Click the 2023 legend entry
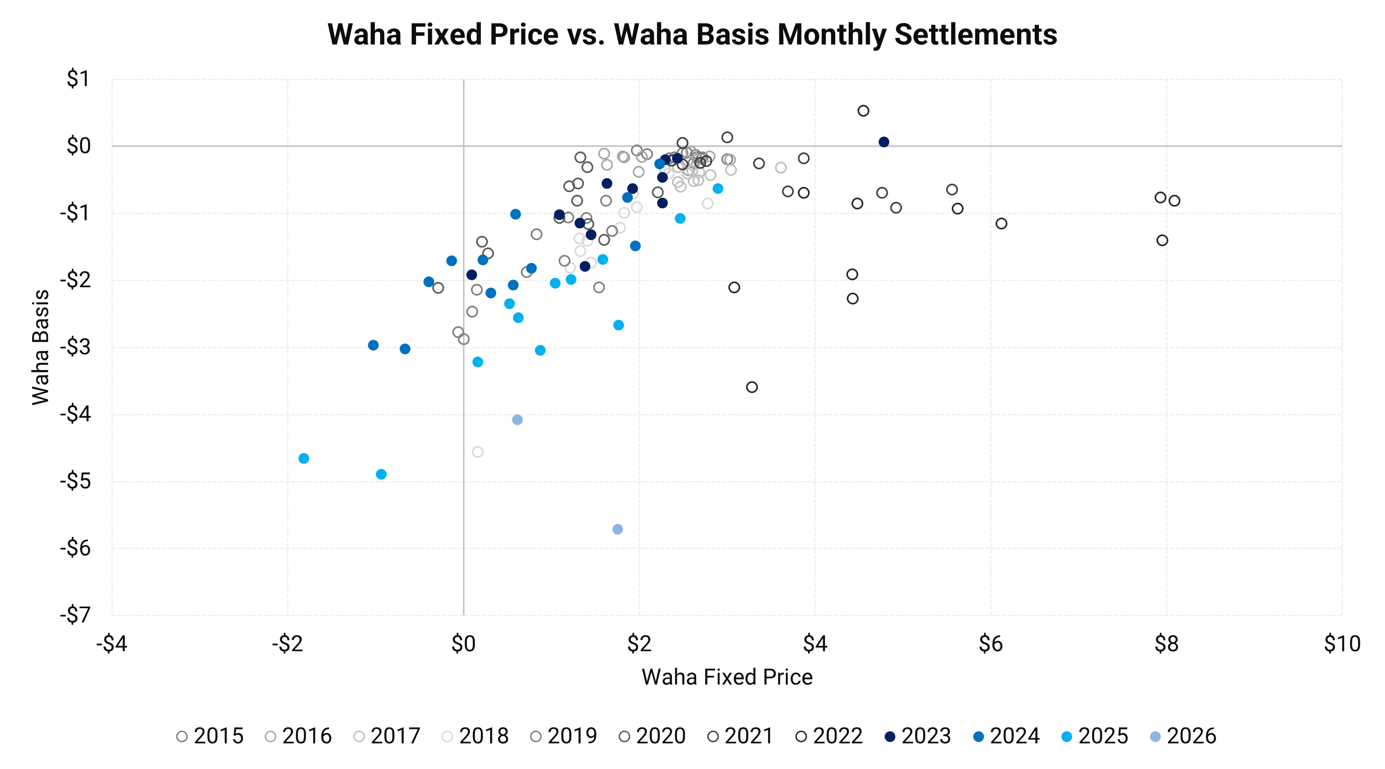coord(918,736)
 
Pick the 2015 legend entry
coord(210,736)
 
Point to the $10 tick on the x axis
coord(1342,643)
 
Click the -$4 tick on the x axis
coord(112,643)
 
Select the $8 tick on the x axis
coord(1166,643)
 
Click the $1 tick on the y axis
coord(78,79)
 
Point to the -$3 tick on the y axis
coord(75,347)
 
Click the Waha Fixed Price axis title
coord(727,677)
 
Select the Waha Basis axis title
coord(41,347)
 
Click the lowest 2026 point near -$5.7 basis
coord(618,529)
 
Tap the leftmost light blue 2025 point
coord(304,459)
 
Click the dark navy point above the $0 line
coord(884,142)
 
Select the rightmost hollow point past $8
coord(1174,200)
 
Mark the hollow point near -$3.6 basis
coord(752,387)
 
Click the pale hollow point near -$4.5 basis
coord(478,452)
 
